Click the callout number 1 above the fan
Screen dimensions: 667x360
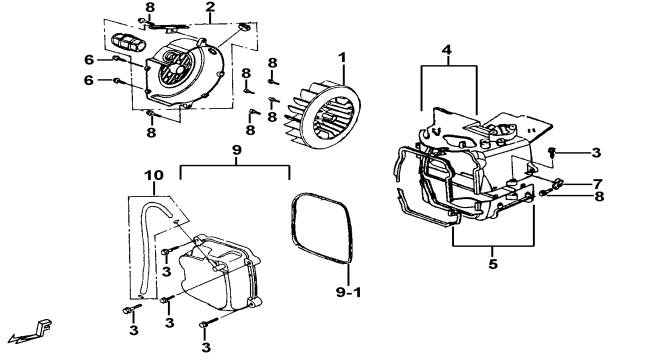click(343, 57)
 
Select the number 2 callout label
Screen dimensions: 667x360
click(210, 7)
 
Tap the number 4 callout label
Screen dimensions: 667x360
click(446, 50)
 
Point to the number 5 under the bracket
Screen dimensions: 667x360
click(493, 264)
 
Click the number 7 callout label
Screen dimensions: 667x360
click(598, 184)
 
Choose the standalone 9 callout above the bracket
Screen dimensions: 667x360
click(237, 150)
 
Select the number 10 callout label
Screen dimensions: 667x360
click(154, 175)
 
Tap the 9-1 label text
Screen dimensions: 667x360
click(348, 292)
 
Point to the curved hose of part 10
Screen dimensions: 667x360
click(143, 238)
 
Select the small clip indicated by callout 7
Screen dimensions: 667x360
click(558, 184)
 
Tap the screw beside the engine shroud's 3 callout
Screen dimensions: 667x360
click(553, 151)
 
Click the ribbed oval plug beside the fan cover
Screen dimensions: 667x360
click(128, 42)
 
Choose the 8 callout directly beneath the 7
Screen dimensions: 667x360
click(599, 196)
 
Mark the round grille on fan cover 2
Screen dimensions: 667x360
click(176, 69)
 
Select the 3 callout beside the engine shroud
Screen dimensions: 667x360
click(596, 152)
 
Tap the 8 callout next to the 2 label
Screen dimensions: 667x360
click(150, 7)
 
